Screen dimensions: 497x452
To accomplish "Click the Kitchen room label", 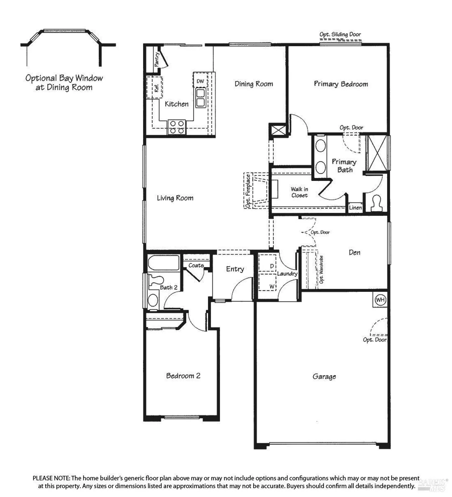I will (x=177, y=104).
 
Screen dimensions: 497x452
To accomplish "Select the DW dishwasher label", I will (x=200, y=81).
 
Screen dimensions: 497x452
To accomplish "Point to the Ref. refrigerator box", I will (x=155, y=88).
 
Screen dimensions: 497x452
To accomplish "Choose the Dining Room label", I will (x=254, y=84).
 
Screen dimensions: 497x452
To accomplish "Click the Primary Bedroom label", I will (x=341, y=84).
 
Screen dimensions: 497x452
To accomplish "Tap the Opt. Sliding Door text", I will (x=340, y=34).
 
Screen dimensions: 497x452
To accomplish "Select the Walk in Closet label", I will (x=299, y=192).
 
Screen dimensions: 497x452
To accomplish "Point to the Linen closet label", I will (x=355, y=208).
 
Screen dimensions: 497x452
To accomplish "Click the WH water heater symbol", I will (x=380, y=300).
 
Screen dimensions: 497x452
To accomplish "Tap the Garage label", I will (x=324, y=376).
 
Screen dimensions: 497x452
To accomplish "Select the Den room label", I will (x=354, y=252).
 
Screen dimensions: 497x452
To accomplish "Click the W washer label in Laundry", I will (x=272, y=286).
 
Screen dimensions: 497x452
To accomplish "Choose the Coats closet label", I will (x=196, y=265).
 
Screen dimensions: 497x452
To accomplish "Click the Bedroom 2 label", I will (x=183, y=376).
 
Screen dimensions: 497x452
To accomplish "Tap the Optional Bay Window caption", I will (x=64, y=83).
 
